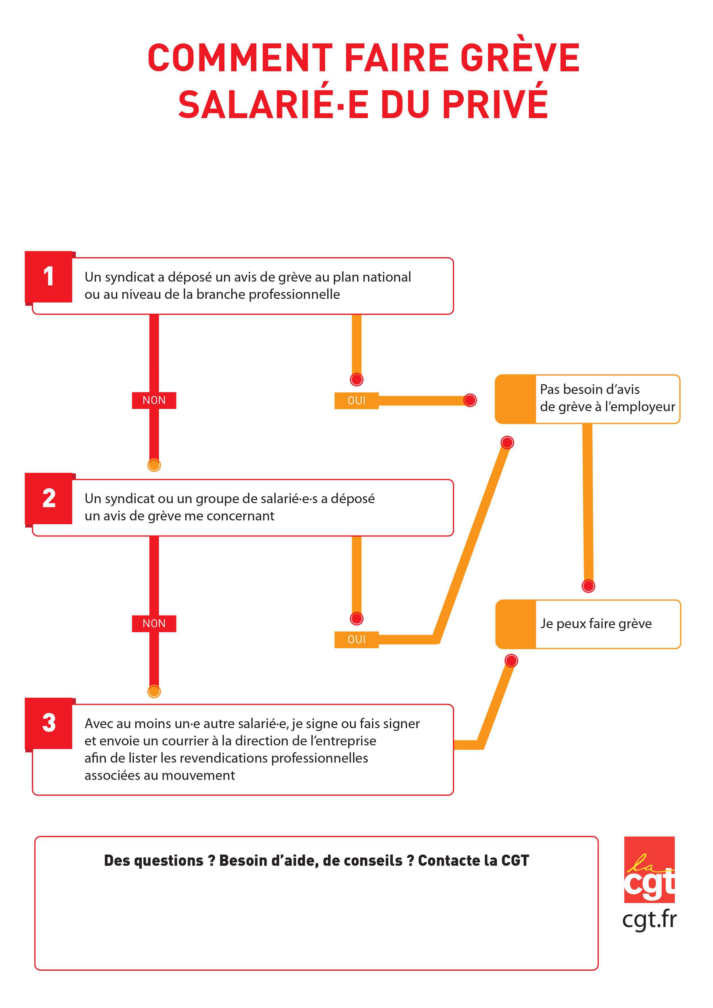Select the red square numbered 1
click(48, 277)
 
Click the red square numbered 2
click(48, 498)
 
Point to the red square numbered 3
click(48, 723)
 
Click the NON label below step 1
click(154, 400)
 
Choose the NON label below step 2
click(154, 624)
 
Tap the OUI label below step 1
click(356, 400)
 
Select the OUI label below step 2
click(356, 640)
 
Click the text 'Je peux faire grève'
click(596, 624)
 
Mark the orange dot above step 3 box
click(154, 691)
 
